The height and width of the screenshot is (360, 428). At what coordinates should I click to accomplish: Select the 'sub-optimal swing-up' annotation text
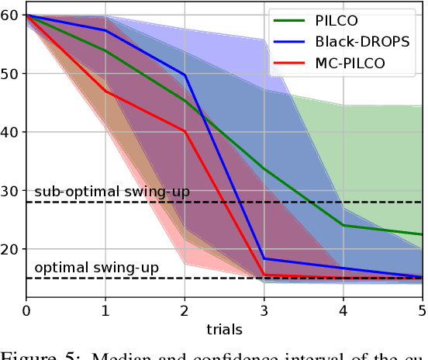coord(112,192)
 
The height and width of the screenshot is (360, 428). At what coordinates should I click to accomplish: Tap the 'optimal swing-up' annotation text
coord(97,268)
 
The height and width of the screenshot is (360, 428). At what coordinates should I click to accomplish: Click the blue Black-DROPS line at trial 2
coord(185,74)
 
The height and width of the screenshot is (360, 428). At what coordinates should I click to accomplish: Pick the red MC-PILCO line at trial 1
coord(105,92)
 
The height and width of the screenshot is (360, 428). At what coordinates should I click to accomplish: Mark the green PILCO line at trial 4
coord(343,226)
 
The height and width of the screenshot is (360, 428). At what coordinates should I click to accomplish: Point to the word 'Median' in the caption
coord(117,354)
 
